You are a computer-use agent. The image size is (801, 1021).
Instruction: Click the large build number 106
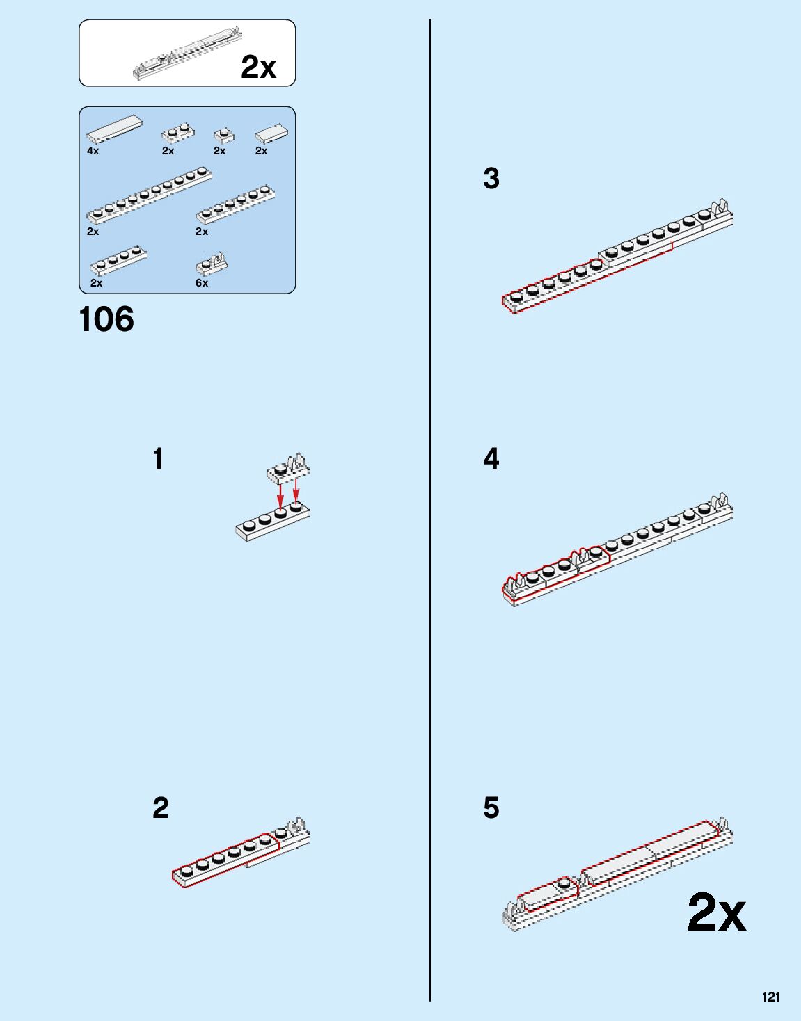pyautogui.click(x=106, y=320)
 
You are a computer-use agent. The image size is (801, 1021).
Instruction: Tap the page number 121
pyautogui.click(x=770, y=997)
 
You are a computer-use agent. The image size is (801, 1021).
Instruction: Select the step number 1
pyautogui.click(x=159, y=459)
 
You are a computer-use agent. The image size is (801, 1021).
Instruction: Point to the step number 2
pyautogui.click(x=160, y=808)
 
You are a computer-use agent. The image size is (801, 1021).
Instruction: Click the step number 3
pyautogui.click(x=491, y=179)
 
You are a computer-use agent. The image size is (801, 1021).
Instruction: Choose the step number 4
pyautogui.click(x=491, y=459)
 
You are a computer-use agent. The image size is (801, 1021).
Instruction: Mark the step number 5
pyautogui.click(x=491, y=808)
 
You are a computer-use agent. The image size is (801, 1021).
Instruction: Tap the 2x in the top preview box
pyautogui.click(x=258, y=67)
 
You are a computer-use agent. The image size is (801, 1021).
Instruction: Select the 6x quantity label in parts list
pyautogui.click(x=202, y=283)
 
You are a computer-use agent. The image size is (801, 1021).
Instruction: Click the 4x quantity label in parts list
pyautogui.click(x=93, y=151)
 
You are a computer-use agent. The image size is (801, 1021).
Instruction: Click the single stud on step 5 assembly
pyautogui.click(x=563, y=883)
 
